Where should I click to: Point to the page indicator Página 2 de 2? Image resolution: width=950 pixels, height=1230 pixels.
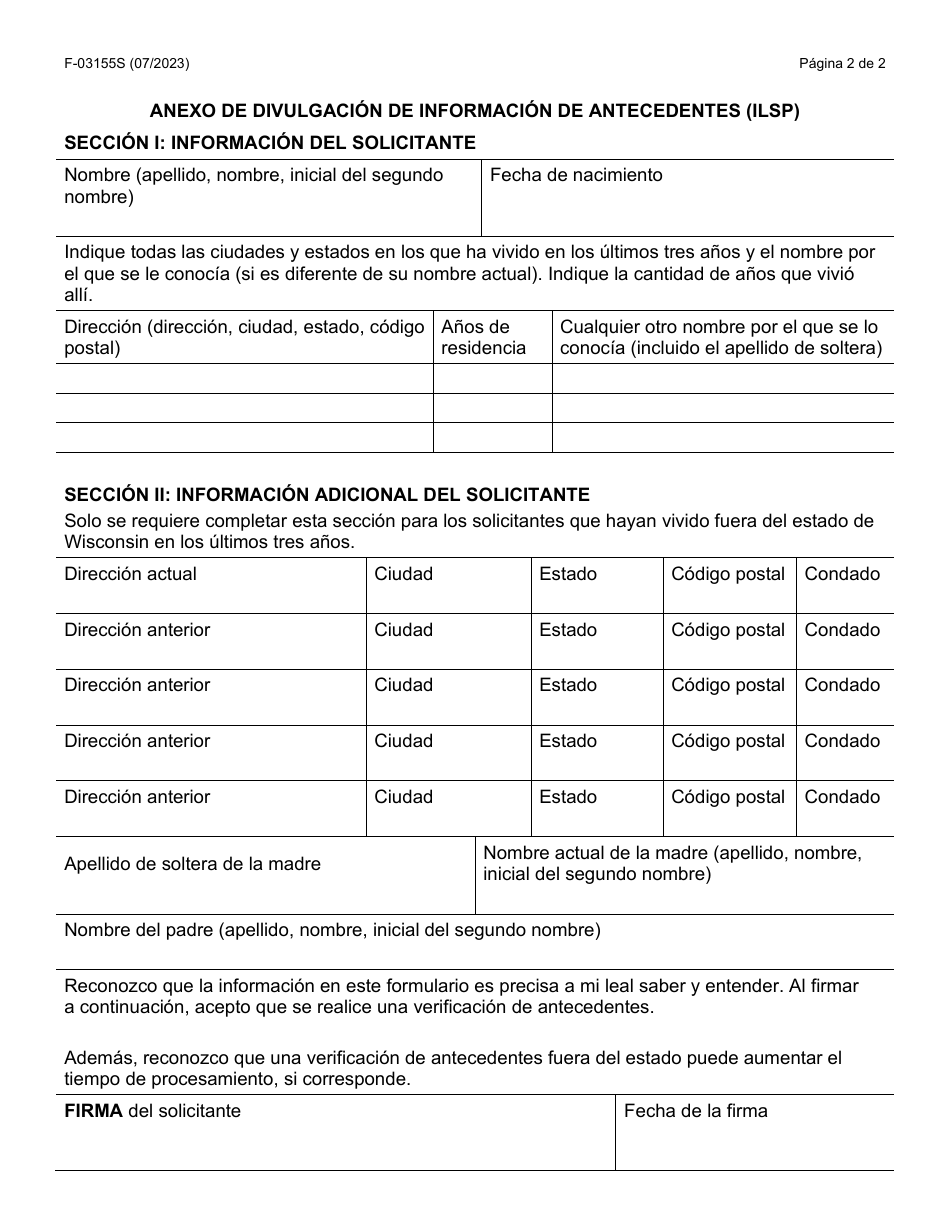point(841,64)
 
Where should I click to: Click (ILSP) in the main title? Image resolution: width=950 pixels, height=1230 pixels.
point(771,111)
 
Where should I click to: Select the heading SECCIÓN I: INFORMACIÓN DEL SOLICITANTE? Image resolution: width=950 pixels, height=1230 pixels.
point(270,143)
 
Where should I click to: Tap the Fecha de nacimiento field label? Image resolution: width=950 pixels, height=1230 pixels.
point(576,175)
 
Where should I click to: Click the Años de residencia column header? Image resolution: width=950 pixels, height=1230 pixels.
point(483,337)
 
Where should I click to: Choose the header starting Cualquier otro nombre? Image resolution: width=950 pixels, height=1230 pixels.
point(720,337)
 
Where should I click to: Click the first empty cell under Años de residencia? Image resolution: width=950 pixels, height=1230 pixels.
point(492,378)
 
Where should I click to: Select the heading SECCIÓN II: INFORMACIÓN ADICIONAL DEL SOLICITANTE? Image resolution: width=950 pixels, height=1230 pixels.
point(327,495)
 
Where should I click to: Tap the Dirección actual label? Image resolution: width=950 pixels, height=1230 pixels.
point(131,574)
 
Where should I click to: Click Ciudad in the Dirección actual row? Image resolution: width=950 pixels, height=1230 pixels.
point(404,574)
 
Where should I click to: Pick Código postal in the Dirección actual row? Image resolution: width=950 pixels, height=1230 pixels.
point(728,574)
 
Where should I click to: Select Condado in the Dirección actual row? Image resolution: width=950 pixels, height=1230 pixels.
point(842,574)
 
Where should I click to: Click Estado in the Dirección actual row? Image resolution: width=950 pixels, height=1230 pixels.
point(568,574)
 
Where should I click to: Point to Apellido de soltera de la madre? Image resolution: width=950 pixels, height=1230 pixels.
point(193,864)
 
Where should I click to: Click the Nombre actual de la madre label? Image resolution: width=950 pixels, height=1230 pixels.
point(672,863)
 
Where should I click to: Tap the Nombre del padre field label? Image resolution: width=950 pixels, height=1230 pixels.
point(332,930)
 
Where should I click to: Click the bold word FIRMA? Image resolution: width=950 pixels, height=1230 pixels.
point(94,1111)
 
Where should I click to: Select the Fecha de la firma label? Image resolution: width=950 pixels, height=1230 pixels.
point(696,1111)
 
